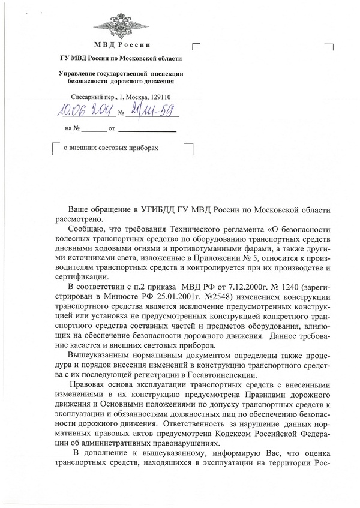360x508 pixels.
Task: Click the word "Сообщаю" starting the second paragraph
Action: [x=85, y=229]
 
